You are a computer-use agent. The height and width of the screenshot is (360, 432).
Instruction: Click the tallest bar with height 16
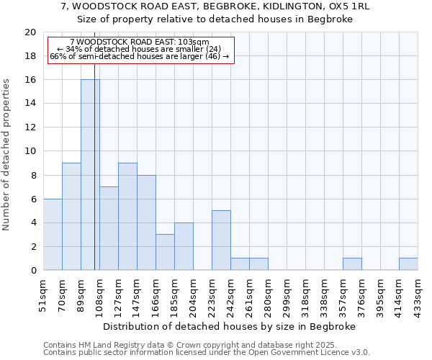90,175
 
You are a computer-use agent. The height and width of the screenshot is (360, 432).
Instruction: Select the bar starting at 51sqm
53,235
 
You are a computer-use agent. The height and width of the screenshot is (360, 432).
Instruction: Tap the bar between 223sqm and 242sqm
221,240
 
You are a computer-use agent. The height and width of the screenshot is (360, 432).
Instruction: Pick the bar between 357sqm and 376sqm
352,264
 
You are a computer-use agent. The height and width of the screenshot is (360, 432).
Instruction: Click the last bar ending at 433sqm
408,264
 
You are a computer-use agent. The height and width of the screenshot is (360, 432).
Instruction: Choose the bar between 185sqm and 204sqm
184,246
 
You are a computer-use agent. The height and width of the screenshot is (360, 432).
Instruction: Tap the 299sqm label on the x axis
287,294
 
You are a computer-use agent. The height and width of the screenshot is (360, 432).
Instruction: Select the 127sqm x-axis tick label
118,294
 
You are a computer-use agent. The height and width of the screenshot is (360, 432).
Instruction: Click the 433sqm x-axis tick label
418,294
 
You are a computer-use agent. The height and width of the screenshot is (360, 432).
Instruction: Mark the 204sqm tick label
193,294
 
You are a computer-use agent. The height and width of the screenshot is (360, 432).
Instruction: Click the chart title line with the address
215,6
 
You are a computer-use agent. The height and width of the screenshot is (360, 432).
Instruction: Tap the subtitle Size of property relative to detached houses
215,19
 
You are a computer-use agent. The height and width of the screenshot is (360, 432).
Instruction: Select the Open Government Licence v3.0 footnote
207,353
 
